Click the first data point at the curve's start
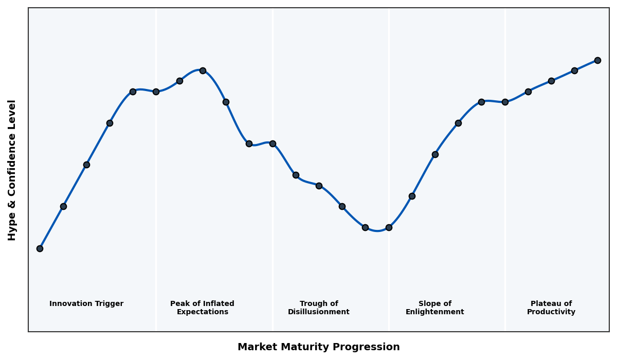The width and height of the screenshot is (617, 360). [x=40, y=248]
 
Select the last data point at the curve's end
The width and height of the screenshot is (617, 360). [x=597, y=60]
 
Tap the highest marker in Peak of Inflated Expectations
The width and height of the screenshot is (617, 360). [x=203, y=70]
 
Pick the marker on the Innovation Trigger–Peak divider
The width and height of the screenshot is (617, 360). [x=156, y=92]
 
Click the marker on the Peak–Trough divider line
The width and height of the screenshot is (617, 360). [x=273, y=143]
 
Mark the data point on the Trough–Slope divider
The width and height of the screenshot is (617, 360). [x=389, y=227]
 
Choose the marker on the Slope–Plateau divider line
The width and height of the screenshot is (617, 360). [x=505, y=102]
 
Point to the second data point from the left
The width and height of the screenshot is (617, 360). [x=63, y=206]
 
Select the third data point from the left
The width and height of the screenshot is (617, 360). [x=86, y=165]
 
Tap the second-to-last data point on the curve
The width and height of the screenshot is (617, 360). [x=574, y=70]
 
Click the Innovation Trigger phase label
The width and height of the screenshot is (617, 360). [x=86, y=304]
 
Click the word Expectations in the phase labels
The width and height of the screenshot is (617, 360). [x=203, y=312]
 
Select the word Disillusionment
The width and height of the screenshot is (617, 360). [x=319, y=312]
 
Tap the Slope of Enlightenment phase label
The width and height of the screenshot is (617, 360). [x=435, y=308]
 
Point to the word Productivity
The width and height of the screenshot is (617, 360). [x=551, y=312]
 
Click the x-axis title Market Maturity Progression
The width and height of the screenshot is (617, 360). [x=319, y=347]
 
